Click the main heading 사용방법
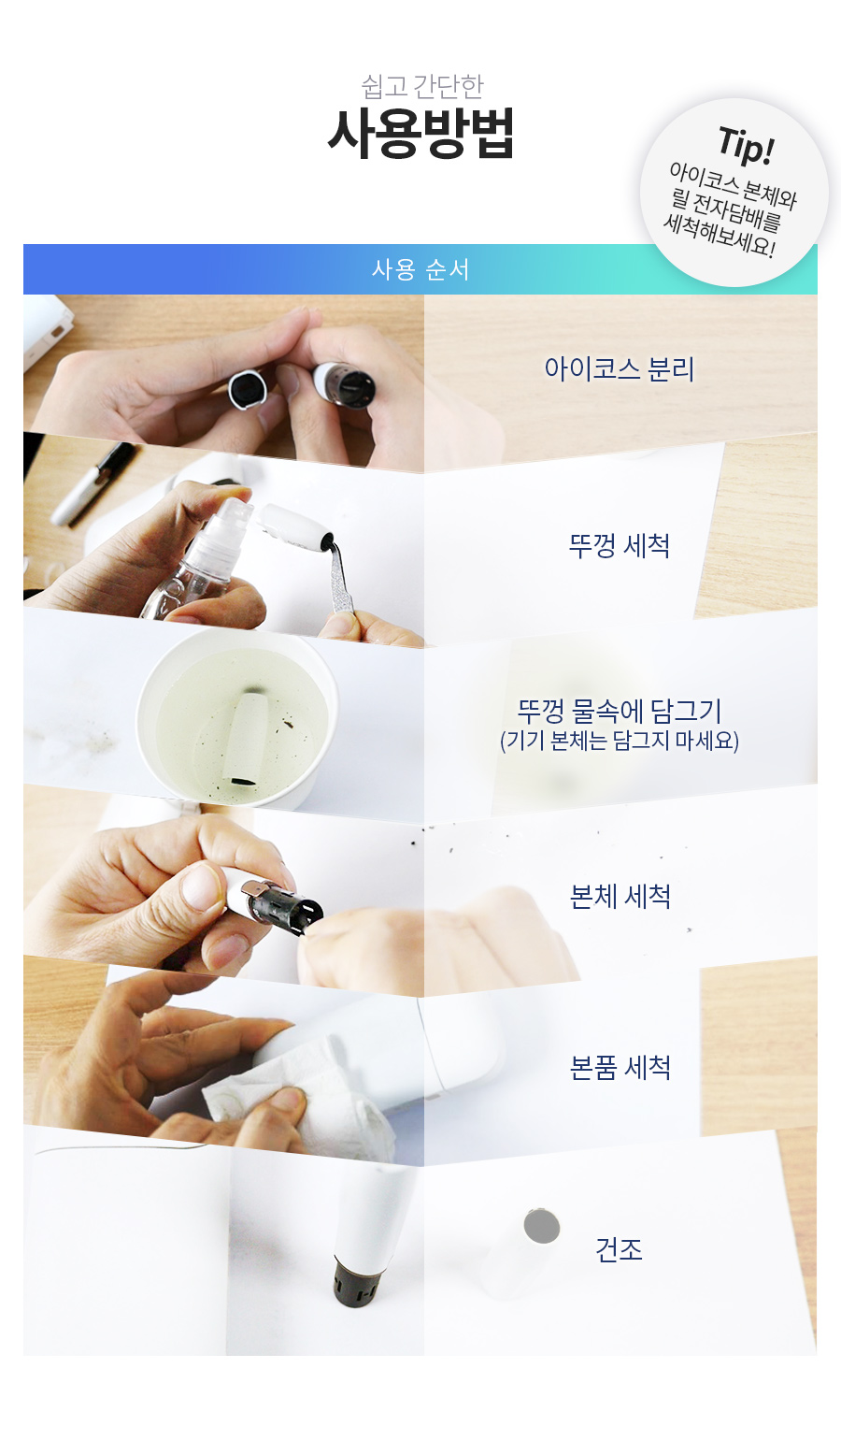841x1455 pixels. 420,134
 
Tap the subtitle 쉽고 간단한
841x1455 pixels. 421,86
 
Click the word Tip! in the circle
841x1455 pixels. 747,146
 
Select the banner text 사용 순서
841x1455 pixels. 420,269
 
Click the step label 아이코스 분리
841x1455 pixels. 619,369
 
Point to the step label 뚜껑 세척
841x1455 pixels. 619,546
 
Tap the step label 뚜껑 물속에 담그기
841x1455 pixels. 619,711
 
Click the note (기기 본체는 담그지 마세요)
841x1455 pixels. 619,741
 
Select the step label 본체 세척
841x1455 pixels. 620,897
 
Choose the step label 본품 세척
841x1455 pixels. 620,1068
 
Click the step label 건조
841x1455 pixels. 619,1249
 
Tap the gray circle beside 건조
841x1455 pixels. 542,1226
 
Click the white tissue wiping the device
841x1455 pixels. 298,1098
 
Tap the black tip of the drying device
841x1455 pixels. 356,1282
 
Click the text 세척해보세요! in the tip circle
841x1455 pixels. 719,237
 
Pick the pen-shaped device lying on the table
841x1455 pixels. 94,483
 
